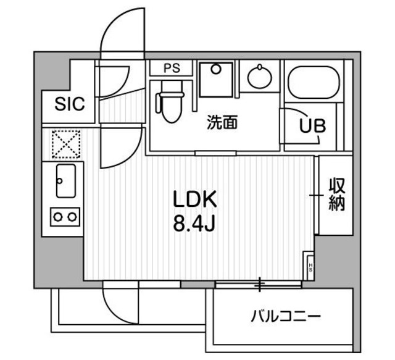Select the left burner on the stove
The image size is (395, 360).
tap(57, 216)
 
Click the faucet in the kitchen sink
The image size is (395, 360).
tap(60, 180)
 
